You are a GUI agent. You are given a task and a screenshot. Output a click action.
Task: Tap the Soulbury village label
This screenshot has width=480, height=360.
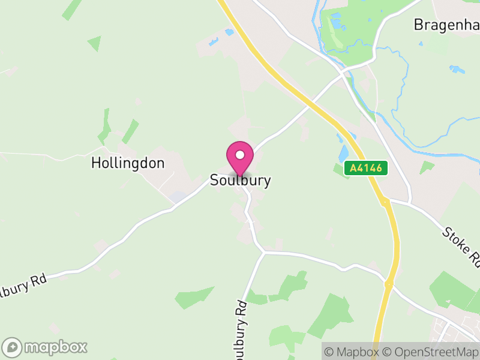(240, 180)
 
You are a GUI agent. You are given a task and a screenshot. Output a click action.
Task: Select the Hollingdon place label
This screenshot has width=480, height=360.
(128, 163)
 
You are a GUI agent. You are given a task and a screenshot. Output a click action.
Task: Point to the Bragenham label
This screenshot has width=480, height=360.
(446, 25)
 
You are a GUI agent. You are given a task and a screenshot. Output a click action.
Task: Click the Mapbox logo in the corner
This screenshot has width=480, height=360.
(45, 347)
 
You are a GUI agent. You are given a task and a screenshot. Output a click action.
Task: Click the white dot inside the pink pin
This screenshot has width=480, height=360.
(240, 155)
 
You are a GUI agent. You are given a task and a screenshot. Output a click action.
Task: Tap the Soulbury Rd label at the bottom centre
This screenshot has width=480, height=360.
(240, 327)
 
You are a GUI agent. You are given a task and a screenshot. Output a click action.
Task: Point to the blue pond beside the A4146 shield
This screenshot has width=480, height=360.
(344, 154)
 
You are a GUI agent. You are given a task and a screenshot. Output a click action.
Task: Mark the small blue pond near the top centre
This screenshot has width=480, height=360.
(212, 42)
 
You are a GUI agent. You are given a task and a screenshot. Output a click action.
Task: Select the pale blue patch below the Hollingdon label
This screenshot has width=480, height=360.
(178, 196)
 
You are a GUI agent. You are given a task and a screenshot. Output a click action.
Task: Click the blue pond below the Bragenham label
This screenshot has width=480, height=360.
(457, 69)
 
